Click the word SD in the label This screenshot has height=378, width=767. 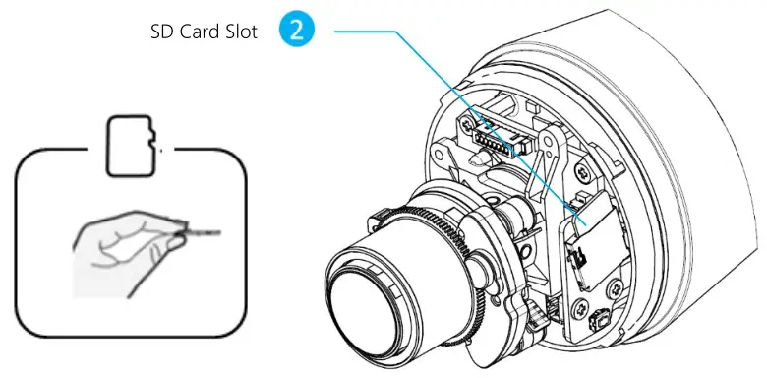pos(161,31)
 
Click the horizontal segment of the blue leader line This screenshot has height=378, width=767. pos(366,31)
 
